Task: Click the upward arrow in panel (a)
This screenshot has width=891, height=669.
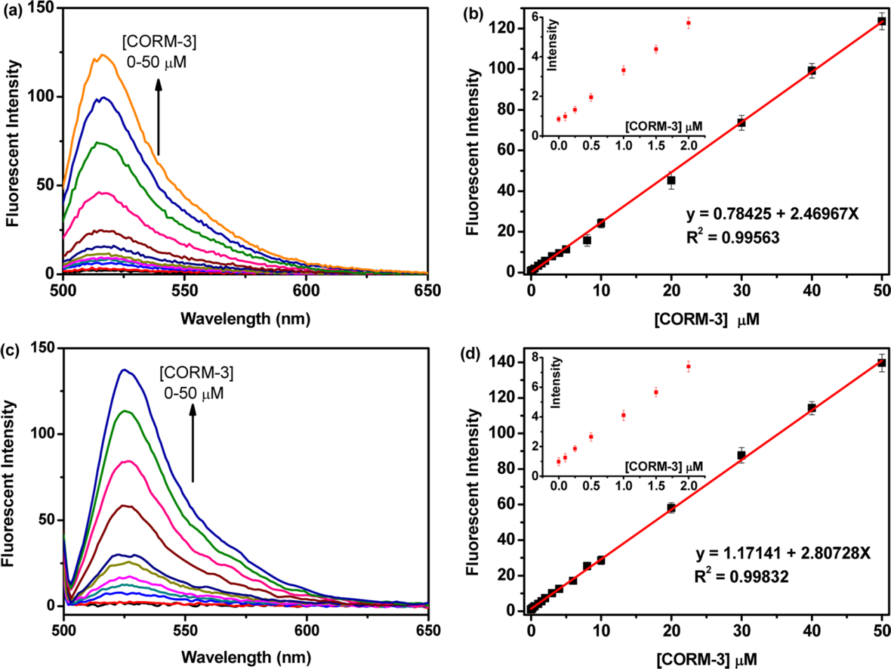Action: pyautogui.click(x=159, y=116)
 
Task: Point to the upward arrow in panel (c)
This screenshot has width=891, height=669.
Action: pyautogui.click(x=192, y=442)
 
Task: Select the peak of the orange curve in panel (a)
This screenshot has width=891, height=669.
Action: pyautogui.click(x=103, y=55)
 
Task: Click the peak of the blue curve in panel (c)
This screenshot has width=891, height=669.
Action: pyautogui.click(x=124, y=369)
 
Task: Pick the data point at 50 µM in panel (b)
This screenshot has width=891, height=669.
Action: pyautogui.click(x=882, y=21)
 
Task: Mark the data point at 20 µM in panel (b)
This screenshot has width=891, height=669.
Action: pyautogui.click(x=671, y=180)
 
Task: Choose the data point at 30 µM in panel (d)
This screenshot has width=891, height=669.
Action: pyautogui.click(x=741, y=455)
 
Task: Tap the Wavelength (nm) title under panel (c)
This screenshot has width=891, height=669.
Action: pyautogui.click(x=245, y=658)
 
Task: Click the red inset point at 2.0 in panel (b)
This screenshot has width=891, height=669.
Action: pyautogui.click(x=689, y=23)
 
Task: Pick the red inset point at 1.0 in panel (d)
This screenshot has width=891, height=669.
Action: pyautogui.click(x=623, y=416)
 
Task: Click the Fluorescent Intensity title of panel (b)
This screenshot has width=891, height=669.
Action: pyautogui.click(x=475, y=152)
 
